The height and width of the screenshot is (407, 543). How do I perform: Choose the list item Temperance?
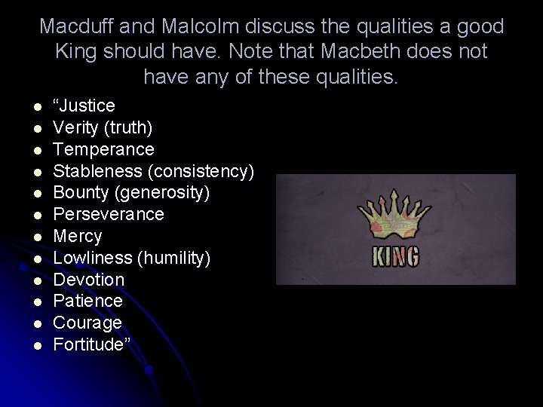click(x=103, y=149)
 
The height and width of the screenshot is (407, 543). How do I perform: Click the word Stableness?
click(x=94, y=171)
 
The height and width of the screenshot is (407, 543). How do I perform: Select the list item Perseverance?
click(x=108, y=215)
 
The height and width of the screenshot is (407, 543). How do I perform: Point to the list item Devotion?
click(x=88, y=280)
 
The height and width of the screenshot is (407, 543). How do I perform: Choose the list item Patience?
click(x=87, y=301)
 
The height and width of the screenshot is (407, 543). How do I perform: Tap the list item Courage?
click(x=87, y=323)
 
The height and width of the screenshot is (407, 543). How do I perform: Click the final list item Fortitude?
click(x=89, y=345)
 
